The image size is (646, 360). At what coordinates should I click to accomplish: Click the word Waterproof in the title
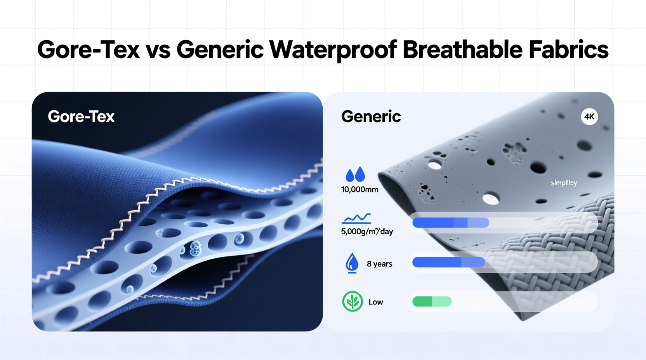333,50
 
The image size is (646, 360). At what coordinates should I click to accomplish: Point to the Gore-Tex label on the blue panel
81,116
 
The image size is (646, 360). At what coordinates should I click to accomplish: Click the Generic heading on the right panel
371,116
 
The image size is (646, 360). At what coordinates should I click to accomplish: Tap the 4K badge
589,117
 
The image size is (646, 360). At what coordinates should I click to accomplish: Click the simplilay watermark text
564,183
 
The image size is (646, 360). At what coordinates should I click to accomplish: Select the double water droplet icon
355,175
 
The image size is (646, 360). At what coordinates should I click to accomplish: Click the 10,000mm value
359,190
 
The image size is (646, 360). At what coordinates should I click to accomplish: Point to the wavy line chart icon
356,218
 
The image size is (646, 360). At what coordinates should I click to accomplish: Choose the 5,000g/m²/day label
367,232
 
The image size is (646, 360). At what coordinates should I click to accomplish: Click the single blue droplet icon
352,263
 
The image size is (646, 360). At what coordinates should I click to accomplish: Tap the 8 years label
379,264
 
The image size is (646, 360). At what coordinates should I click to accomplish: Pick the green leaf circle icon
352,301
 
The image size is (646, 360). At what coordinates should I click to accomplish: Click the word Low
376,302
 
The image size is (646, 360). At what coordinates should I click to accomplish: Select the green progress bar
432,301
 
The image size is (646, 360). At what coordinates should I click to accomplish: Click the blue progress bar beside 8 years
448,262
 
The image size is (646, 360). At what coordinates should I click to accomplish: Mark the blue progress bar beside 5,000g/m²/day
450,222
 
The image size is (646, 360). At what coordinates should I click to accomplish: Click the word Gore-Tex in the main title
89,50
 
